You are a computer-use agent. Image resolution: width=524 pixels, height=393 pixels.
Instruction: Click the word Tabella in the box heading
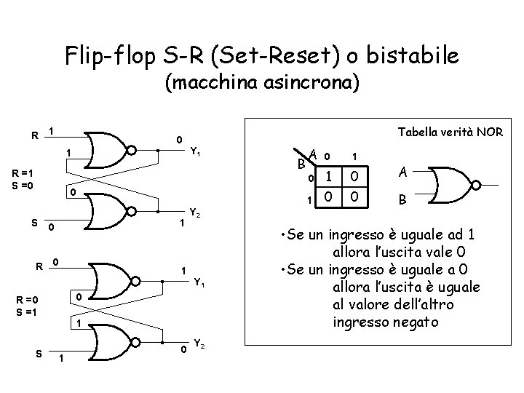tap(418, 132)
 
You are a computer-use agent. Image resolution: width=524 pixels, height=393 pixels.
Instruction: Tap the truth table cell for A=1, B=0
tap(354, 177)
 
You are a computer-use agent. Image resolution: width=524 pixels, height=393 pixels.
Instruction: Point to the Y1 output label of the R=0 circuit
tap(199, 282)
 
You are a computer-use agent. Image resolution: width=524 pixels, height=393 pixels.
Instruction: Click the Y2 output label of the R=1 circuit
tap(194, 213)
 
